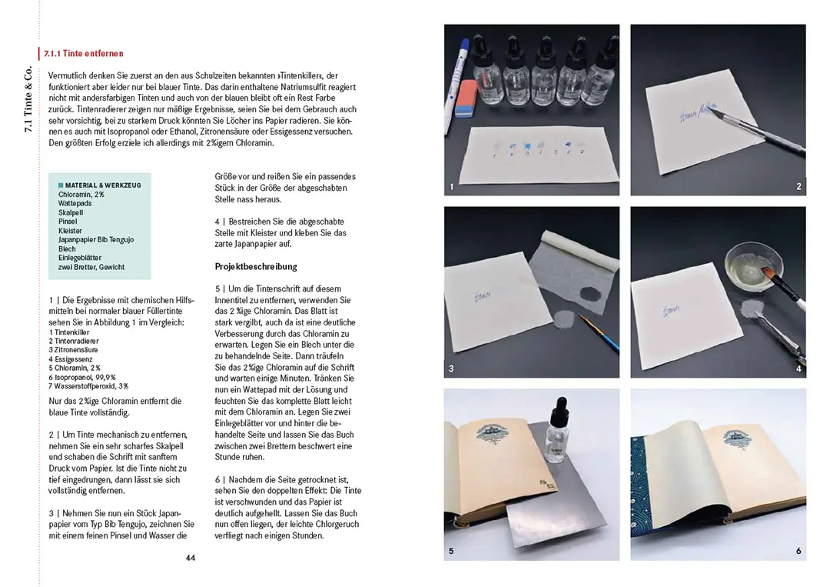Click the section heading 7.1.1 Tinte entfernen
click(x=84, y=54)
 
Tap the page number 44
click(x=191, y=558)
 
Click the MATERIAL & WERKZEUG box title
click(x=102, y=185)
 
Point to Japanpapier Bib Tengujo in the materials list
click(x=96, y=240)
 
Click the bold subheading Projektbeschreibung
click(x=256, y=267)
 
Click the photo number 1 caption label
click(x=452, y=187)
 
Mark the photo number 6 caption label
click(x=798, y=551)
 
